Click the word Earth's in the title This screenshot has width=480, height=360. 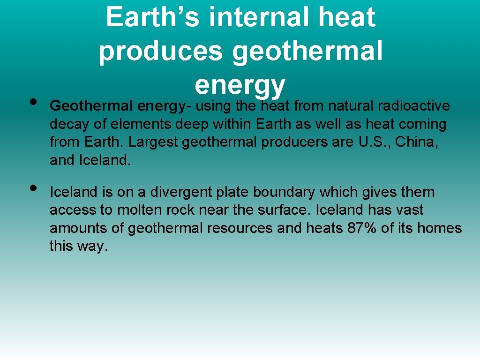click(153, 17)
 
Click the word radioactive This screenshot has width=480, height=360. click(412, 106)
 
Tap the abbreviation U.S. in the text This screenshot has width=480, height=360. click(373, 142)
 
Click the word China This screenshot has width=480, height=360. click(417, 142)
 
